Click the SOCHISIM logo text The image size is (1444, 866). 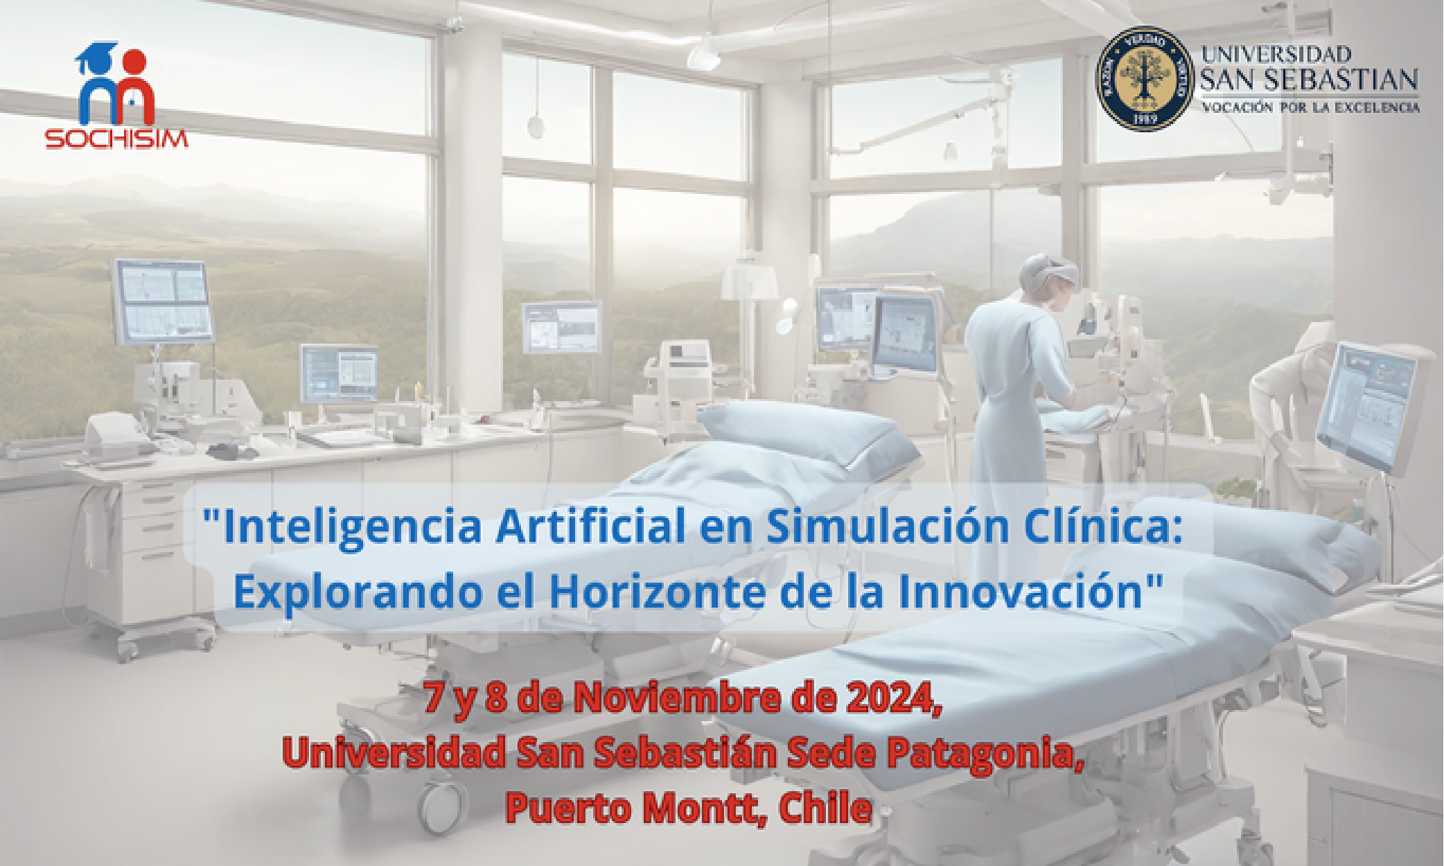click(116, 139)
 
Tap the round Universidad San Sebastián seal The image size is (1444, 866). click(1145, 78)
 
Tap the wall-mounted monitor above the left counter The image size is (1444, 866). click(163, 301)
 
